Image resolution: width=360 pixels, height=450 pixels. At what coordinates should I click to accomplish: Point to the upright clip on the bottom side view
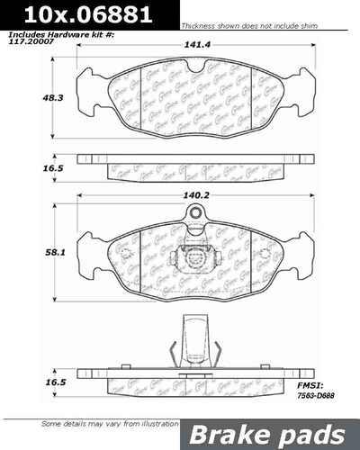tap(192, 340)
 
